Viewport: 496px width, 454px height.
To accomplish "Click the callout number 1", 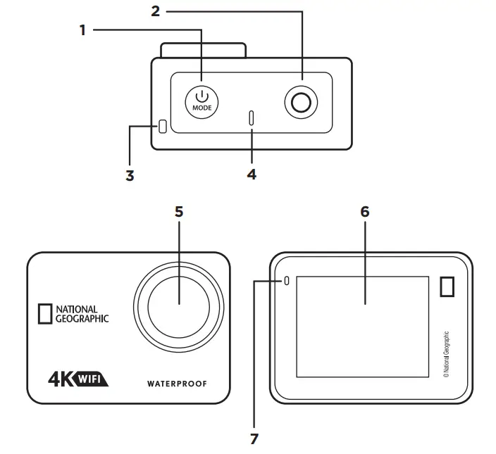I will pos(82,30).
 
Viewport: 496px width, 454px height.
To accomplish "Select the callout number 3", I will pos(130,175).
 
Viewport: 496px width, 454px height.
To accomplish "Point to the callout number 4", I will pos(252,173).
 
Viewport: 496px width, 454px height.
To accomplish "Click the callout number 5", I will pos(178,211).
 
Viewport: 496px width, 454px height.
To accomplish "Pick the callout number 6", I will pos(364,212).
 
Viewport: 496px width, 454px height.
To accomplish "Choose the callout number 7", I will pos(254,439).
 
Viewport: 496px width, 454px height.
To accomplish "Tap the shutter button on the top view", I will pos(302,103).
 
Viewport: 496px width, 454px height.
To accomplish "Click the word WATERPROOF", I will pos(178,384).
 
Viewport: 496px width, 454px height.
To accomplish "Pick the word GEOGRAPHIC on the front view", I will pos(83,317).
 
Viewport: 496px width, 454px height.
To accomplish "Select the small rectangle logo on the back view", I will pos(447,287).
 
